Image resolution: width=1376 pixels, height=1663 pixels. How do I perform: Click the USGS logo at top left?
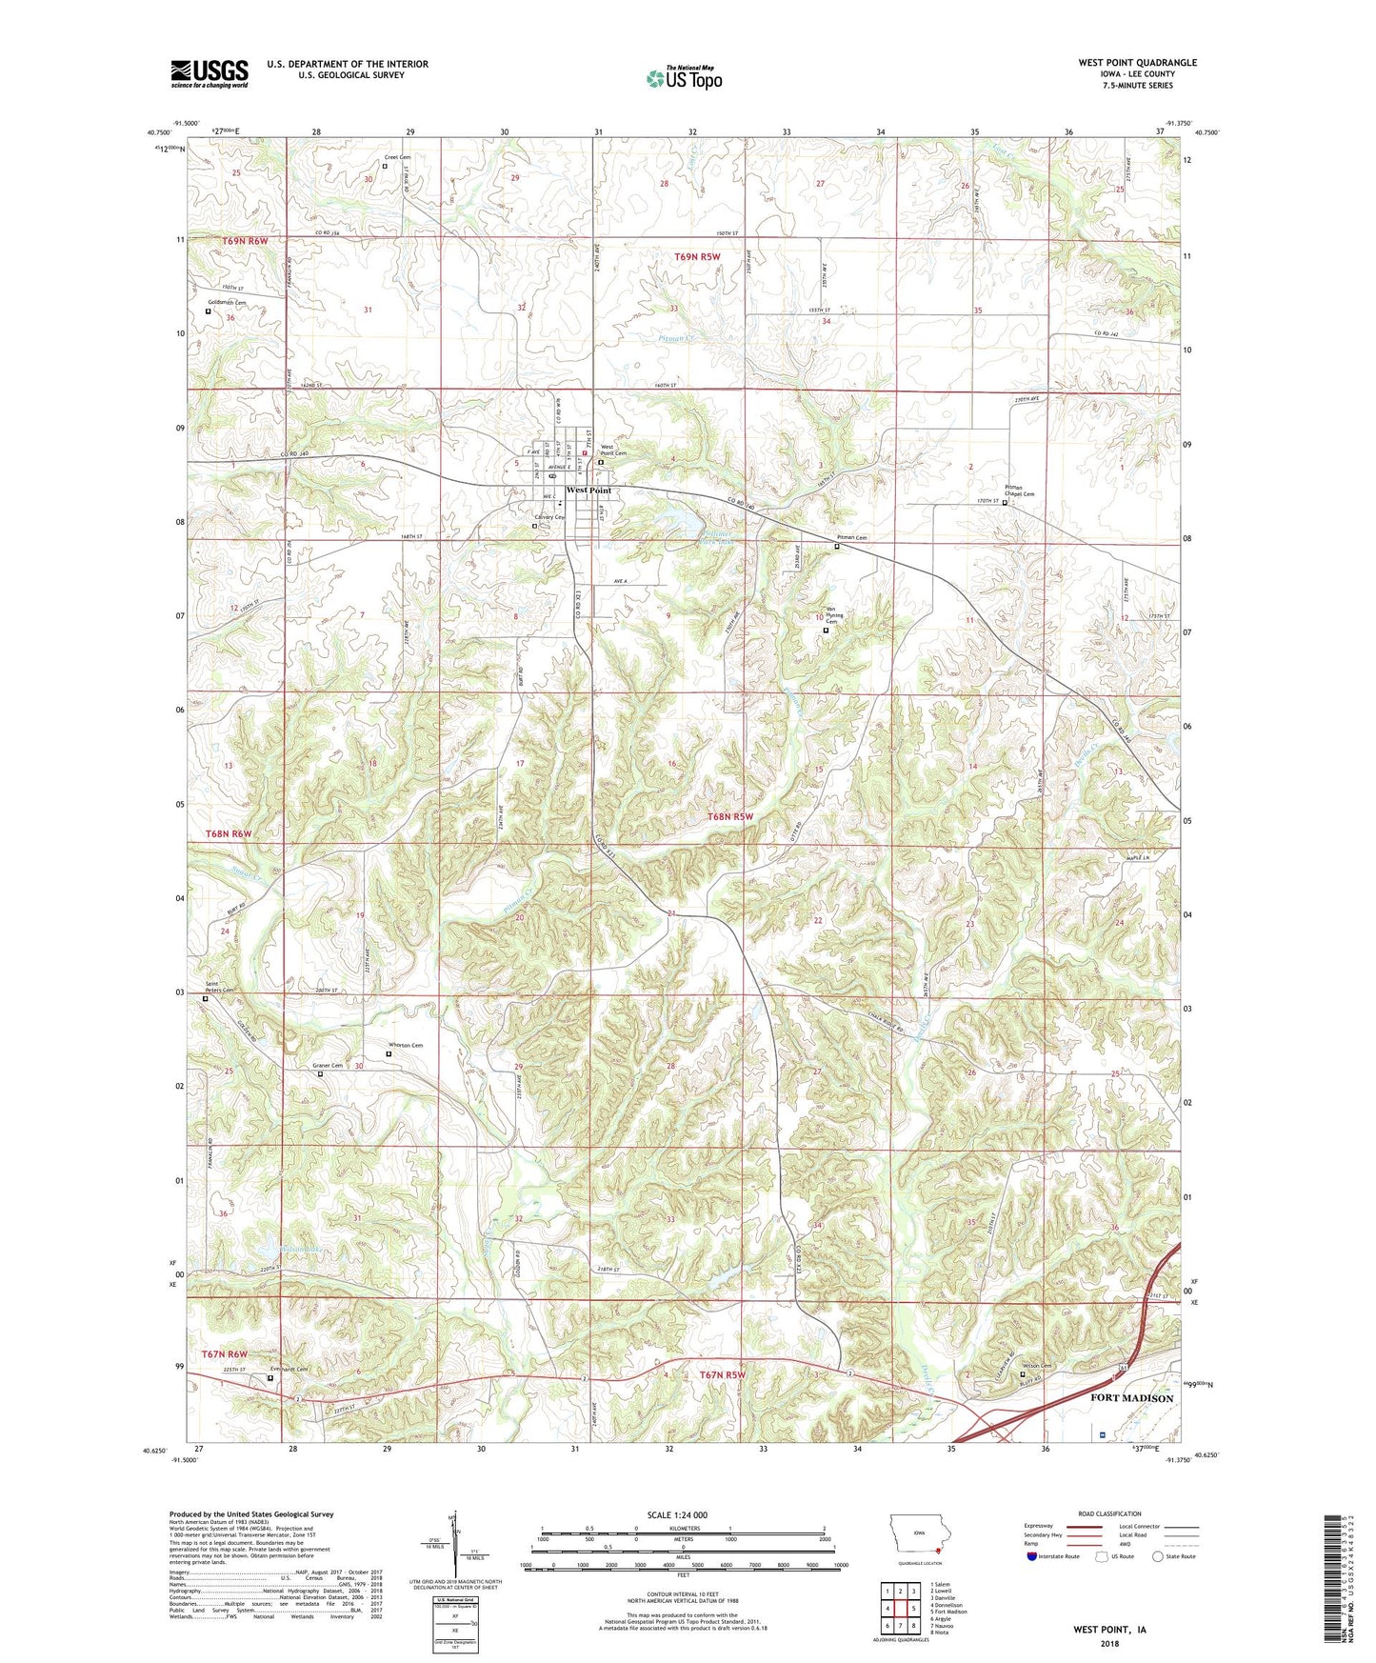209,73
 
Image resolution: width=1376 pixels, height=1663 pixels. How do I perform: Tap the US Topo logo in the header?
684,77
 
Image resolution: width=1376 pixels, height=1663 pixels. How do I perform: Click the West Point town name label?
588,491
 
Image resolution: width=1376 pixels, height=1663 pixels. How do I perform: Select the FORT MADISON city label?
1131,1398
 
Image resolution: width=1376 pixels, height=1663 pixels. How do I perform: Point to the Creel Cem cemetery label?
397,157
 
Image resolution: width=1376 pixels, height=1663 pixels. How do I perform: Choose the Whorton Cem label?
404,1045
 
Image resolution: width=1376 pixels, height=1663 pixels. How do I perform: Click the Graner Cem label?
328,1066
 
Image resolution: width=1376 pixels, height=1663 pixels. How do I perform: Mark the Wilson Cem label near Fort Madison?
1038,1366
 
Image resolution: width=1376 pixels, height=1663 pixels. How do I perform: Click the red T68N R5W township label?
729,816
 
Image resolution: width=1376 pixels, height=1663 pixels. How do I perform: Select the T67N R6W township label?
224,1353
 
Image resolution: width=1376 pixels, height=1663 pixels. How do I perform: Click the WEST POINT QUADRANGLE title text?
1137,63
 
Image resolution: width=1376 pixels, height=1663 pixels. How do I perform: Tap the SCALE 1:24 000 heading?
677,1514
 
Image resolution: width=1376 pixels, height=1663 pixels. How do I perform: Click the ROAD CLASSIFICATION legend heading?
1110,1513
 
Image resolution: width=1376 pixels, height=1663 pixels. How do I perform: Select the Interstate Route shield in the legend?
1032,1556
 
